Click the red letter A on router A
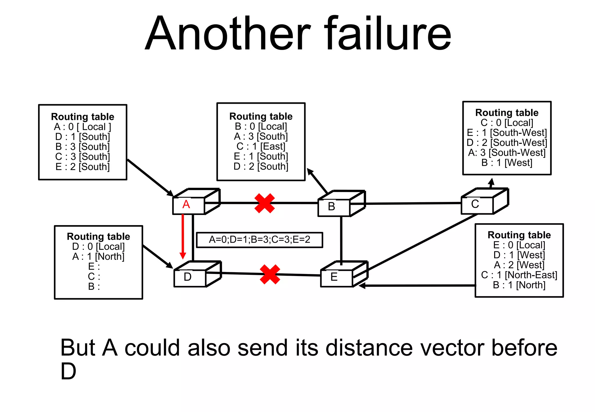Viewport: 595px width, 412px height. pos(186,205)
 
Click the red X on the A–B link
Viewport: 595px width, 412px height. pos(264,203)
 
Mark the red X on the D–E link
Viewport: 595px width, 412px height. pos(270,274)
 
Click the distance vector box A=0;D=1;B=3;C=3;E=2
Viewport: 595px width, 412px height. pos(259,240)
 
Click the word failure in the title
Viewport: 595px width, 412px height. pos(388,33)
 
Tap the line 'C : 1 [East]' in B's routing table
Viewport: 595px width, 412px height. pos(261,146)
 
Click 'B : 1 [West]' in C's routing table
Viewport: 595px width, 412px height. pos(507,163)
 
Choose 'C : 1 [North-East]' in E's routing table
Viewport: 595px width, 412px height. pos(519,275)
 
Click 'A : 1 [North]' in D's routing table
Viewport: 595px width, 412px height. pos(98,257)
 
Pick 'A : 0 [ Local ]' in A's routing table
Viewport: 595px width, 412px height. pos(83,127)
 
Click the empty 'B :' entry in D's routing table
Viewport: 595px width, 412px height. pos(94,286)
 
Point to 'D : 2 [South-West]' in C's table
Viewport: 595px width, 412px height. pos(507,143)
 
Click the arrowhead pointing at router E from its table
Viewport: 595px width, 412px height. pos(362,286)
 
